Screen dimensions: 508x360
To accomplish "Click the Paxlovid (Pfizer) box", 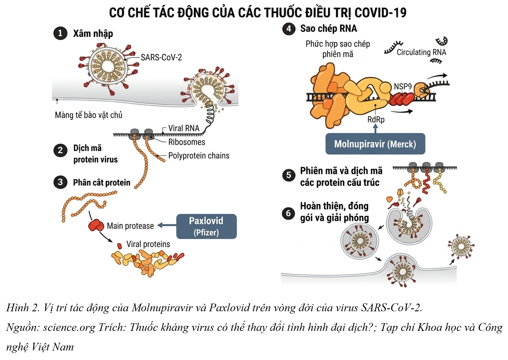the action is pyautogui.click(x=206, y=226).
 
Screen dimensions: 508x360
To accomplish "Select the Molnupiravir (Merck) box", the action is pyautogui.click(x=375, y=144).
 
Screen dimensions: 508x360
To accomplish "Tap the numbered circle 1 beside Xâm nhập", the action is pyautogui.click(x=60, y=33).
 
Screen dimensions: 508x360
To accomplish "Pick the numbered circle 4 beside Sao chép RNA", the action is pyautogui.click(x=289, y=29).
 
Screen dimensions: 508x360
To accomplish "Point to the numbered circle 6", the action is pyautogui.click(x=289, y=213).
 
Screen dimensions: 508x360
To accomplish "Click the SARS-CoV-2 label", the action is pyautogui.click(x=161, y=57).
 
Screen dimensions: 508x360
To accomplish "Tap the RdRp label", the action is pyautogui.click(x=376, y=119).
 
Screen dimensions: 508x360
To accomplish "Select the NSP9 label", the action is pyautogui.click(x=403, y=86).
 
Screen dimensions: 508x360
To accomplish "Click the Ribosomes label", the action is pyautogui.click(x=187, y=142).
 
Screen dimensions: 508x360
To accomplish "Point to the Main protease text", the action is pyautogui.click(x=130, y=226).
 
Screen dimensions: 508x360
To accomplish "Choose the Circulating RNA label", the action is pyautogui.click(x=421, y=52).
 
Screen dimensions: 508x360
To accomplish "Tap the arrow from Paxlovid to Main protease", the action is pyautogui.click(x=167, y=225).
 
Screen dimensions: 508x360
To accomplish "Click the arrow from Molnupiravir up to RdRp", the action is pyautogui.click(x=376, y=129).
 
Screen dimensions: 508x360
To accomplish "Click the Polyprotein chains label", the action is pyautogui.click(x=199, y=156).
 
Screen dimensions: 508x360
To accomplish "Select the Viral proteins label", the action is pyautogui.click(x=148, y=244).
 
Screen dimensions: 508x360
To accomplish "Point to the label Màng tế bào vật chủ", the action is pyautogui.click(x=89, y=115).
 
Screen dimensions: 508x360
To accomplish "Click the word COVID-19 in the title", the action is pyautogui.click(x=380, y=13).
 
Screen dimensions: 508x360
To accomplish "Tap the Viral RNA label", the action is pyautogui.click(x=184, y=128).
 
